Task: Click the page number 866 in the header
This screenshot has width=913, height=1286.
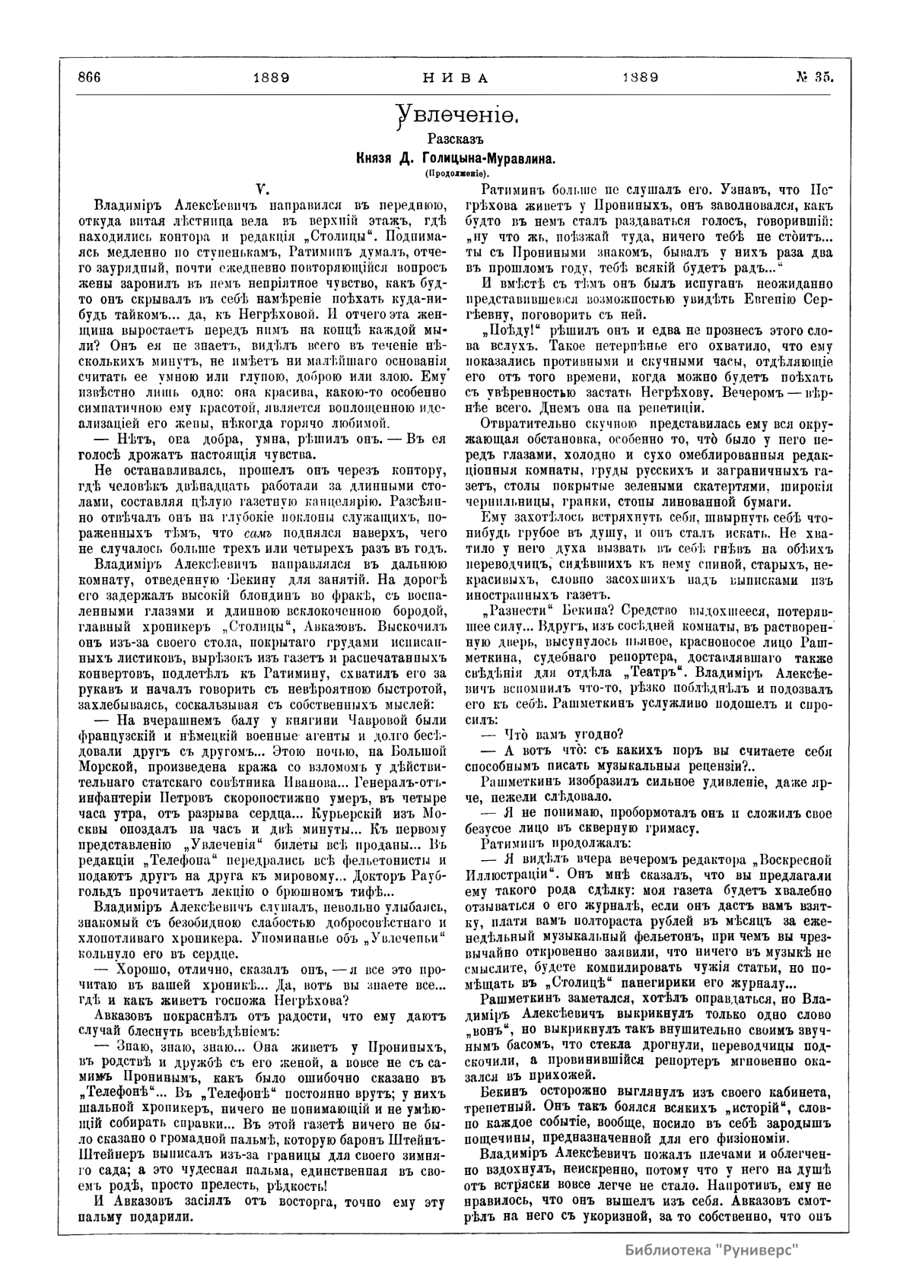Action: coord(89,78)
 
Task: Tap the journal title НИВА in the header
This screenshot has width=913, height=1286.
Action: coord(455,78)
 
